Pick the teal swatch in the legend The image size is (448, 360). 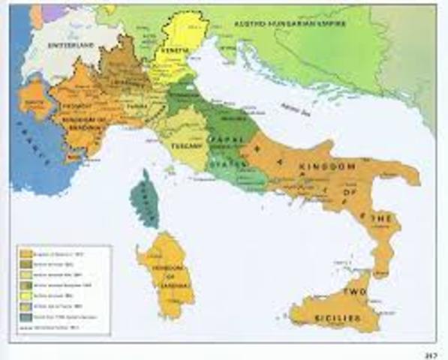pyautogui.click(x=26, y=317)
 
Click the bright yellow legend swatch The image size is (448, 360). pyautogui.click(x=26, y=297)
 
